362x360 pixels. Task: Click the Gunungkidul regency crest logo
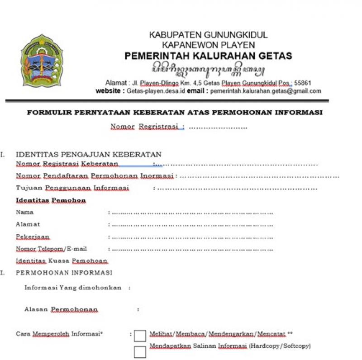[x=42, y=61]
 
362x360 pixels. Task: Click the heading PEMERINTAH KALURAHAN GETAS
[x=208, y=56]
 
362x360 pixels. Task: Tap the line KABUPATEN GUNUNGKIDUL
[x=208, y=35]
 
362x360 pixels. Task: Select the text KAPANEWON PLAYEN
[x=208, y=45]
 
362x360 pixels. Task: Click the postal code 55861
[x=303, y=83]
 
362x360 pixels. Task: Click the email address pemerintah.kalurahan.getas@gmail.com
[x=265, y=91]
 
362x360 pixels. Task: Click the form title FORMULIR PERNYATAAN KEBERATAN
[x=174, y=113]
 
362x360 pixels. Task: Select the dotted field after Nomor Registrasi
[x=218, y=127]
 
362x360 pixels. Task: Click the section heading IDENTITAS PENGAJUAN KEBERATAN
[x=89, y=155]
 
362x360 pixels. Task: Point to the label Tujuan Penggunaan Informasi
[x=72, y=188]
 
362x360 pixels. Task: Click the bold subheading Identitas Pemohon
[x=51, y=200]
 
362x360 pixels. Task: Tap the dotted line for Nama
[x=192, y=213]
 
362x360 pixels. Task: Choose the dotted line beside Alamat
[x=192, y=225]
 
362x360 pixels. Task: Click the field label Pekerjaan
[x=33, y=237]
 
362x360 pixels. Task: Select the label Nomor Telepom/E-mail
[x=51, y=249]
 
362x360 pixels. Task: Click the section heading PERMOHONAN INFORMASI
[x=64, y=273]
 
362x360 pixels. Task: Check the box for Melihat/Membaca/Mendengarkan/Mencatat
[x=140, y=335]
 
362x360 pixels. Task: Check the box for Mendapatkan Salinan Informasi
[x=140, y=351]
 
